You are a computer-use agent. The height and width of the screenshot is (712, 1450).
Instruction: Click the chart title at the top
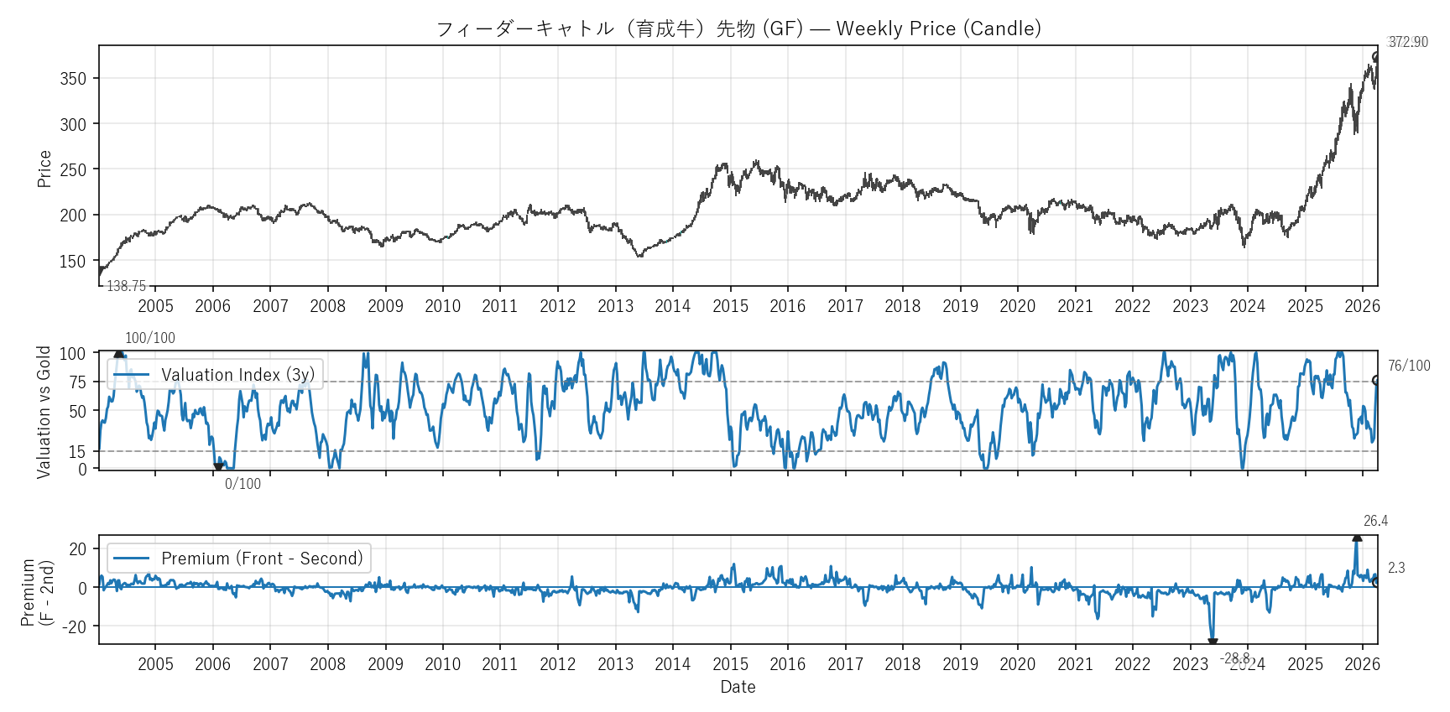(x=738, y=29)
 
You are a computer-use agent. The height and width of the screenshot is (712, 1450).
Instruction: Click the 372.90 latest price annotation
(x=1407, y=42)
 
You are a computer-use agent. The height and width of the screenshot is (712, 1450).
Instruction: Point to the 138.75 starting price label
(x=126, y=286)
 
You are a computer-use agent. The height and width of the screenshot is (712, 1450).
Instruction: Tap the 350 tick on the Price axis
(x=73, y=79)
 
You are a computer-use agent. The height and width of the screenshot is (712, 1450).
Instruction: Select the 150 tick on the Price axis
(x=73, y=262)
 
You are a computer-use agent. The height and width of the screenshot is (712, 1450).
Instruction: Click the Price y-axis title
(x=44, y=169)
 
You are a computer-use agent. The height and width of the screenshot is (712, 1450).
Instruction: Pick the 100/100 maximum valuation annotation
(x=150, y=338)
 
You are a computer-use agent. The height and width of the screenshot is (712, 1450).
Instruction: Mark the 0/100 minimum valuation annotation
(x=243, y=484)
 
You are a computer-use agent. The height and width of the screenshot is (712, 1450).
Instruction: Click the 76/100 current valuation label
(x=1409, y=366)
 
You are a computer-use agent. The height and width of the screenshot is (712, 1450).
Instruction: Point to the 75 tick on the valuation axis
(x=77, y=382)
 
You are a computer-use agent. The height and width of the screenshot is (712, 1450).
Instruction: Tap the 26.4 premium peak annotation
(x=1375, y=521)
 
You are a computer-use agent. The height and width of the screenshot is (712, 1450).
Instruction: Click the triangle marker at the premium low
(x=1213, y=642)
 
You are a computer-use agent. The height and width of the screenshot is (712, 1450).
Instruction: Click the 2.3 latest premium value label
(x=1396, y=568)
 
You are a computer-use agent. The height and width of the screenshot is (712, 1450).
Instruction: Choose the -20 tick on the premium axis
(x=74, y=627)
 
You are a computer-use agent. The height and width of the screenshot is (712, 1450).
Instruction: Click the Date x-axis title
(x=738, y=687)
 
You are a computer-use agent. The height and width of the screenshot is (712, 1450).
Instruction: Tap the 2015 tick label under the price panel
(x=730, y=306)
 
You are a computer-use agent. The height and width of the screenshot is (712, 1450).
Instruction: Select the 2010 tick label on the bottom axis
(x=442, y=664)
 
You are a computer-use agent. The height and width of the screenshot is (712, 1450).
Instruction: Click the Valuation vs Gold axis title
(x=44, y=412)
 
